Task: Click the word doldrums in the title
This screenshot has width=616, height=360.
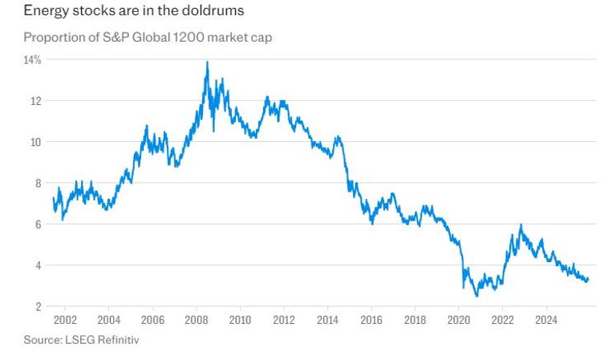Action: [x=210, y=12]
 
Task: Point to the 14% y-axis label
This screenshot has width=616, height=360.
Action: [x=33, y=60]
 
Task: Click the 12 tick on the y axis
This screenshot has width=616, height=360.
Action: [x=36, y=101]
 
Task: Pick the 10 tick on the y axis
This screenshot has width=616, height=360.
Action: [x=36, y=142]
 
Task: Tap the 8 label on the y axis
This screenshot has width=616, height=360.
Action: [x=38, y=184]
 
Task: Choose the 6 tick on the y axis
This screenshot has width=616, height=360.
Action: [x=38, y=224]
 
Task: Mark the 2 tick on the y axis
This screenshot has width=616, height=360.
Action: [x=38, y=306]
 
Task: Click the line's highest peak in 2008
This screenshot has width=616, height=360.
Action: [x=208, y=62]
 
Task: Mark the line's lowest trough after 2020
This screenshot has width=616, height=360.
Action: [x=477, y=296]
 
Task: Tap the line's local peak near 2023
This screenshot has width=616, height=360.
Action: [x=521, y=225]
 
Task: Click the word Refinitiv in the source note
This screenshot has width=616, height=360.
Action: [x=118, y=340]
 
